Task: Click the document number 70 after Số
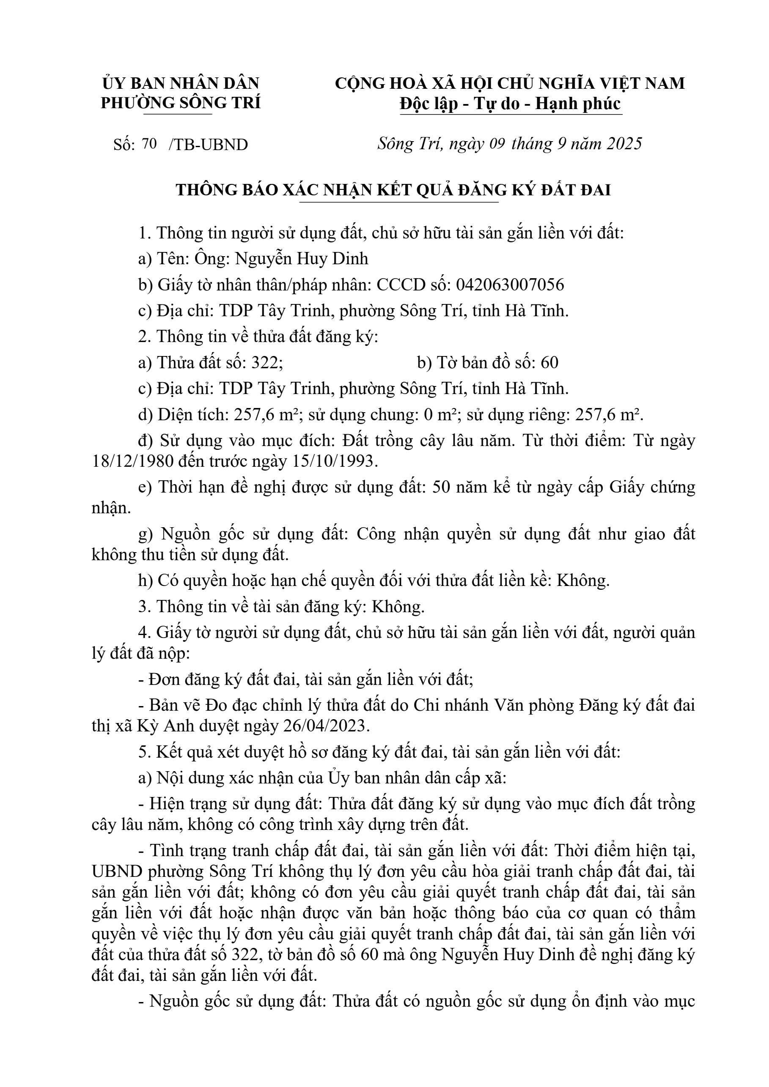(x=149, y=143)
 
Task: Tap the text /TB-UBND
(x=208, y=145)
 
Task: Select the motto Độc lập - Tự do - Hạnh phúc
(x=510, y=104)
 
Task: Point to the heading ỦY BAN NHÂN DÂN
(x=181, y=83)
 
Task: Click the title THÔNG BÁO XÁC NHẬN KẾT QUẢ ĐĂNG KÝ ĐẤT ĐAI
(x=393, y=190)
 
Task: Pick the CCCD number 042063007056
(x=510, y=285)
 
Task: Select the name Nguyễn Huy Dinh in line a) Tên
(x=302, y=259)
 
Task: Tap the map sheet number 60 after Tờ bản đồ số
(x=549, y=363)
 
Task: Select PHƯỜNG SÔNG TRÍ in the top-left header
(x=181, y=103)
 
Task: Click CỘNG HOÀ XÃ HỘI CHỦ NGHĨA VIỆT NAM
(x=510, y=83)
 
